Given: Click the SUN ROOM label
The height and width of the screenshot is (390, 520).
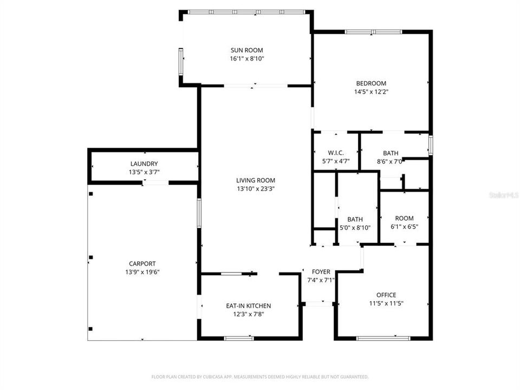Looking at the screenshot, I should tap(247, 50).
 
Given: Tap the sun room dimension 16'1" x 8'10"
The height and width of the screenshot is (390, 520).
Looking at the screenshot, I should tap(247, 58).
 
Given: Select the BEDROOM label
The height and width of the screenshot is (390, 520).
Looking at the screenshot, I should tap(371, 83).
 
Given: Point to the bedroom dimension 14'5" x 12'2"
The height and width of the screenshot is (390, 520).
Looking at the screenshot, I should tap(371, 92).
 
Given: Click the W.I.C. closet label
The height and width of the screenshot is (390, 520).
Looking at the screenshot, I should tap(336, 152).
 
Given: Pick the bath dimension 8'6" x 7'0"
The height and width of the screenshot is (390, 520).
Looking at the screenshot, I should tap(390, 161).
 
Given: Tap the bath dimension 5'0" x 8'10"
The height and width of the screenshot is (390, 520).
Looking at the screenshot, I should tap(355, 227).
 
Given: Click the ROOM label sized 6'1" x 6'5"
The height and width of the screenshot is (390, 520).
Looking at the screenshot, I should tap(404, 218).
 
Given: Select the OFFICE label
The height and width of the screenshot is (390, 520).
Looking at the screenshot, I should tap(386, 295).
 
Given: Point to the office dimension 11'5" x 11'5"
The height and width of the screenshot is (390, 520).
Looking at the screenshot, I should tap(386, 303).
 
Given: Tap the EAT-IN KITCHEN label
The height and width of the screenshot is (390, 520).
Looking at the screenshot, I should tap(248, 305).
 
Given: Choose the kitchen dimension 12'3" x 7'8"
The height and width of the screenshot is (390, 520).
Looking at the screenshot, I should tap(248, 314).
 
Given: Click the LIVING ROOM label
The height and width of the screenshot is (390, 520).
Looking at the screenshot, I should tap(256, 180).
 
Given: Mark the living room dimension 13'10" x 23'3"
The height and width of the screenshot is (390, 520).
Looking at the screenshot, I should tap(256, 189).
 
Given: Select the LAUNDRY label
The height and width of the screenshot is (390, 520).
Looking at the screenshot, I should tap(144, 164).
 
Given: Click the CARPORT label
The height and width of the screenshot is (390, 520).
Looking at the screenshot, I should tap(142, 263).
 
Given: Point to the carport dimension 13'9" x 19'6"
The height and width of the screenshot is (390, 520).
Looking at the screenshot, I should tap(142, 272).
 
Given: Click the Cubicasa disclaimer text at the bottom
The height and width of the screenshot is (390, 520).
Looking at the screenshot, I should tap(260, 376).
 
